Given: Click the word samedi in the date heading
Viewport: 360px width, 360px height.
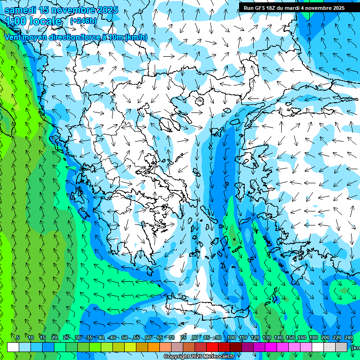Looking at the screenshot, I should point(20,10).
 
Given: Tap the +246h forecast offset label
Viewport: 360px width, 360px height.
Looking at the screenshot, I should point(83,21).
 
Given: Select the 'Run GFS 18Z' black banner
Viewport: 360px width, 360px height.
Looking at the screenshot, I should point(294,8).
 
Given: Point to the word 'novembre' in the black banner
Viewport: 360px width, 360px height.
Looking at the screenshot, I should point(316,8).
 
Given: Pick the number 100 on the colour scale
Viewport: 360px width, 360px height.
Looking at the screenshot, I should point(231,338).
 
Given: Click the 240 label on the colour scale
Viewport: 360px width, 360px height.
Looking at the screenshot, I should point(348,338).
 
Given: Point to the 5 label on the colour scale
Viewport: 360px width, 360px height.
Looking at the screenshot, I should point(18,338).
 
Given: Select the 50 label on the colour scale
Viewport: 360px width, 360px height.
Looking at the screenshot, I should point(125,338).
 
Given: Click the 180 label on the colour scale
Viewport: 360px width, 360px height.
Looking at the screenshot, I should point(313,338).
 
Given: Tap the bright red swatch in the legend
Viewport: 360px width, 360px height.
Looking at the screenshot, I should point(212,347).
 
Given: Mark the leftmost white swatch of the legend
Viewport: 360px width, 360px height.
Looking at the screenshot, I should point(13,347).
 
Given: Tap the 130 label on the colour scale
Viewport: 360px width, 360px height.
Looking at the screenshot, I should point(266,338).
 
